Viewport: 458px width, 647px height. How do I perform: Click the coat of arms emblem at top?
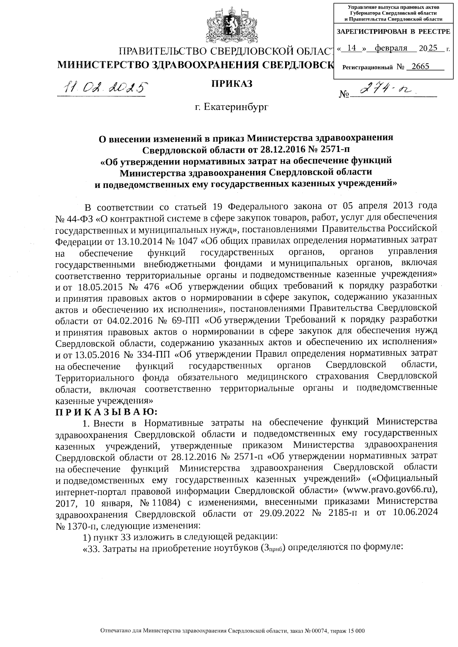pyautogui.click(x=229, y=24)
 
